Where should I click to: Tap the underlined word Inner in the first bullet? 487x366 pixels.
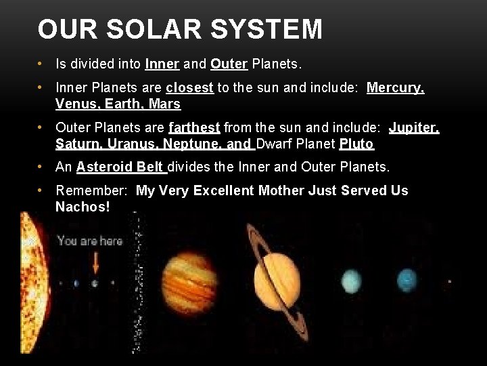coord(162,64)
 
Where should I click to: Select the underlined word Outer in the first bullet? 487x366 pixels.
coord(229,64)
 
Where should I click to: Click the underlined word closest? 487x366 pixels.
coord(189,87)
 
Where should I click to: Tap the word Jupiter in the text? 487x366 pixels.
coord(413,127)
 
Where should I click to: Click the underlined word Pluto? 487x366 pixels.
coord(356,144)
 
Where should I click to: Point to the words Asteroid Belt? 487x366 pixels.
coord(121,167)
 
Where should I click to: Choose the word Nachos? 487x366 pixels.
coord(83,207)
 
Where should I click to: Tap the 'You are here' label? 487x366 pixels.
coord(89,241)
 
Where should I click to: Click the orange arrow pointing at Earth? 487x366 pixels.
coord(95,262)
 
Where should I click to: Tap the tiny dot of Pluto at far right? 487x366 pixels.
coord(450,281)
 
